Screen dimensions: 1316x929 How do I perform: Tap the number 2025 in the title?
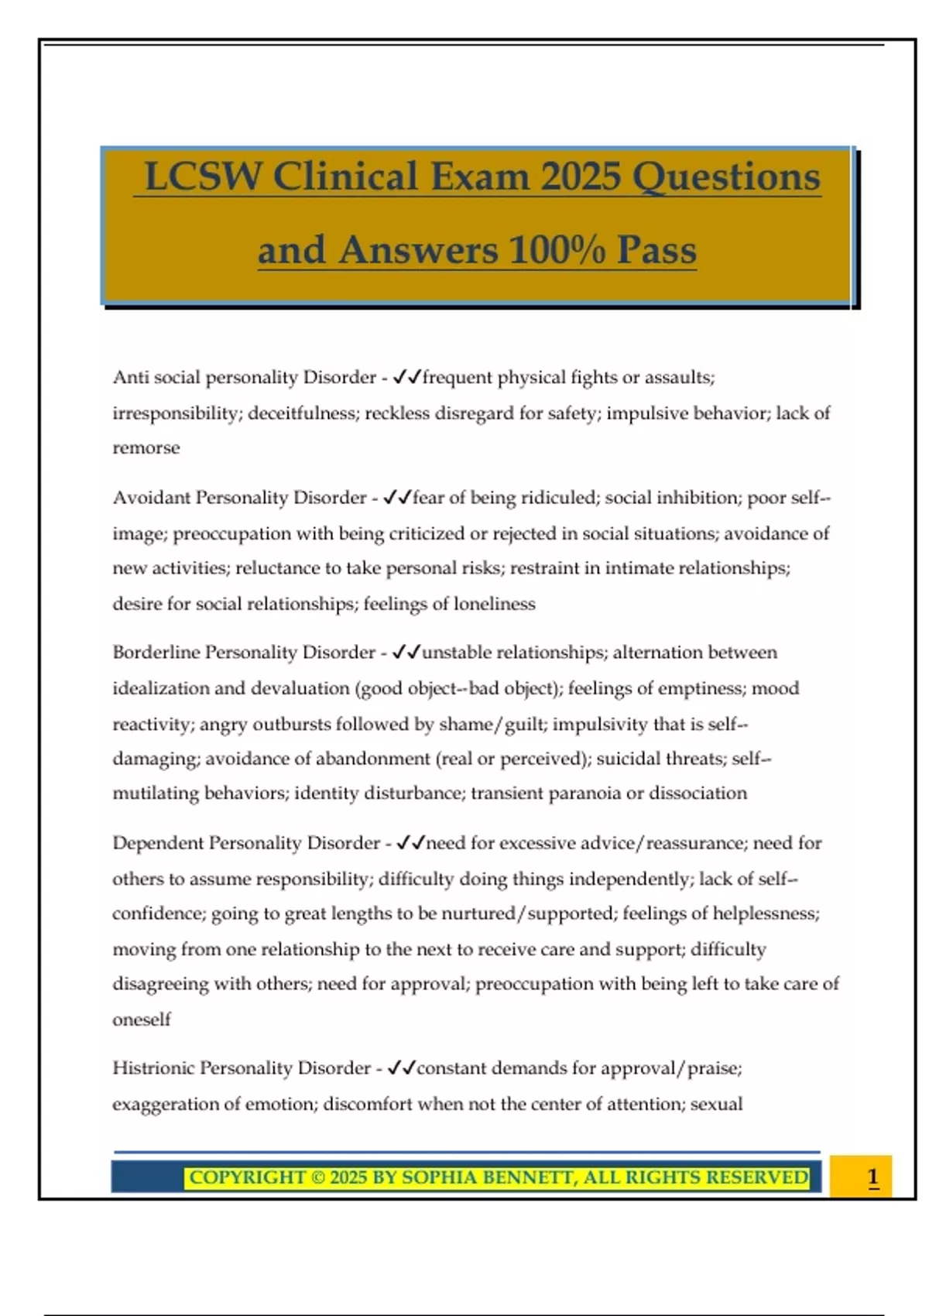pos(581,176)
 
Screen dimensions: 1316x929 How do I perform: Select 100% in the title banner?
pos(557,250)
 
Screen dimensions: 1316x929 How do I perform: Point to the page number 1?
pos(872,1177)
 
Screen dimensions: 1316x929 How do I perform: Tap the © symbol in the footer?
pos(318,1177)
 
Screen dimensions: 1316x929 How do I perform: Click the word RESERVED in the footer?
pos(756,1177)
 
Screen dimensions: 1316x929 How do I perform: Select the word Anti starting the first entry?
pos(132,377)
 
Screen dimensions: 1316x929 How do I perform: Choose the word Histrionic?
pos(153,1068)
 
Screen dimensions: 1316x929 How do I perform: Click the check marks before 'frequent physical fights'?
pos(406,377)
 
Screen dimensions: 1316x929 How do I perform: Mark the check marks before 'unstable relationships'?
pos(406,652)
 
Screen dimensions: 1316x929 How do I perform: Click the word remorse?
pos(146,448)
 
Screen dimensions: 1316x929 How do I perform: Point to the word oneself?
pos(142,1020)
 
